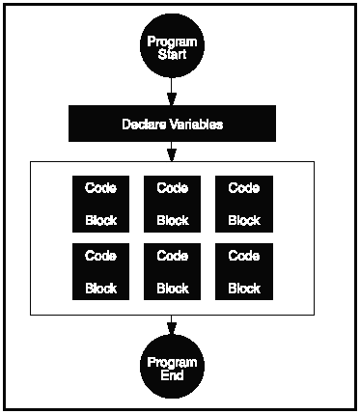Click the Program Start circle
[x=172, y=47]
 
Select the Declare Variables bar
[x=172, y=124]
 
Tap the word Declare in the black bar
[x=145, y=124]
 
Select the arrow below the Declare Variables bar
[x=172, y=152]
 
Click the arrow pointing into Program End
[x=172, y=326]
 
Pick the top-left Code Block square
[x=100, y=204]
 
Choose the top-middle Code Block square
[x=172, y=204]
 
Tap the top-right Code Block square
[x=243, y=204]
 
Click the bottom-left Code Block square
[x=100, y=271]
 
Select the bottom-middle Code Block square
[x=172, y=271]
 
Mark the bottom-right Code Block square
[x=243, y=271]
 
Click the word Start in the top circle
[x=172, y=55]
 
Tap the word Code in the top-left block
[x=100, y=187]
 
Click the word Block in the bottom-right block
[x=243, y=288]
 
